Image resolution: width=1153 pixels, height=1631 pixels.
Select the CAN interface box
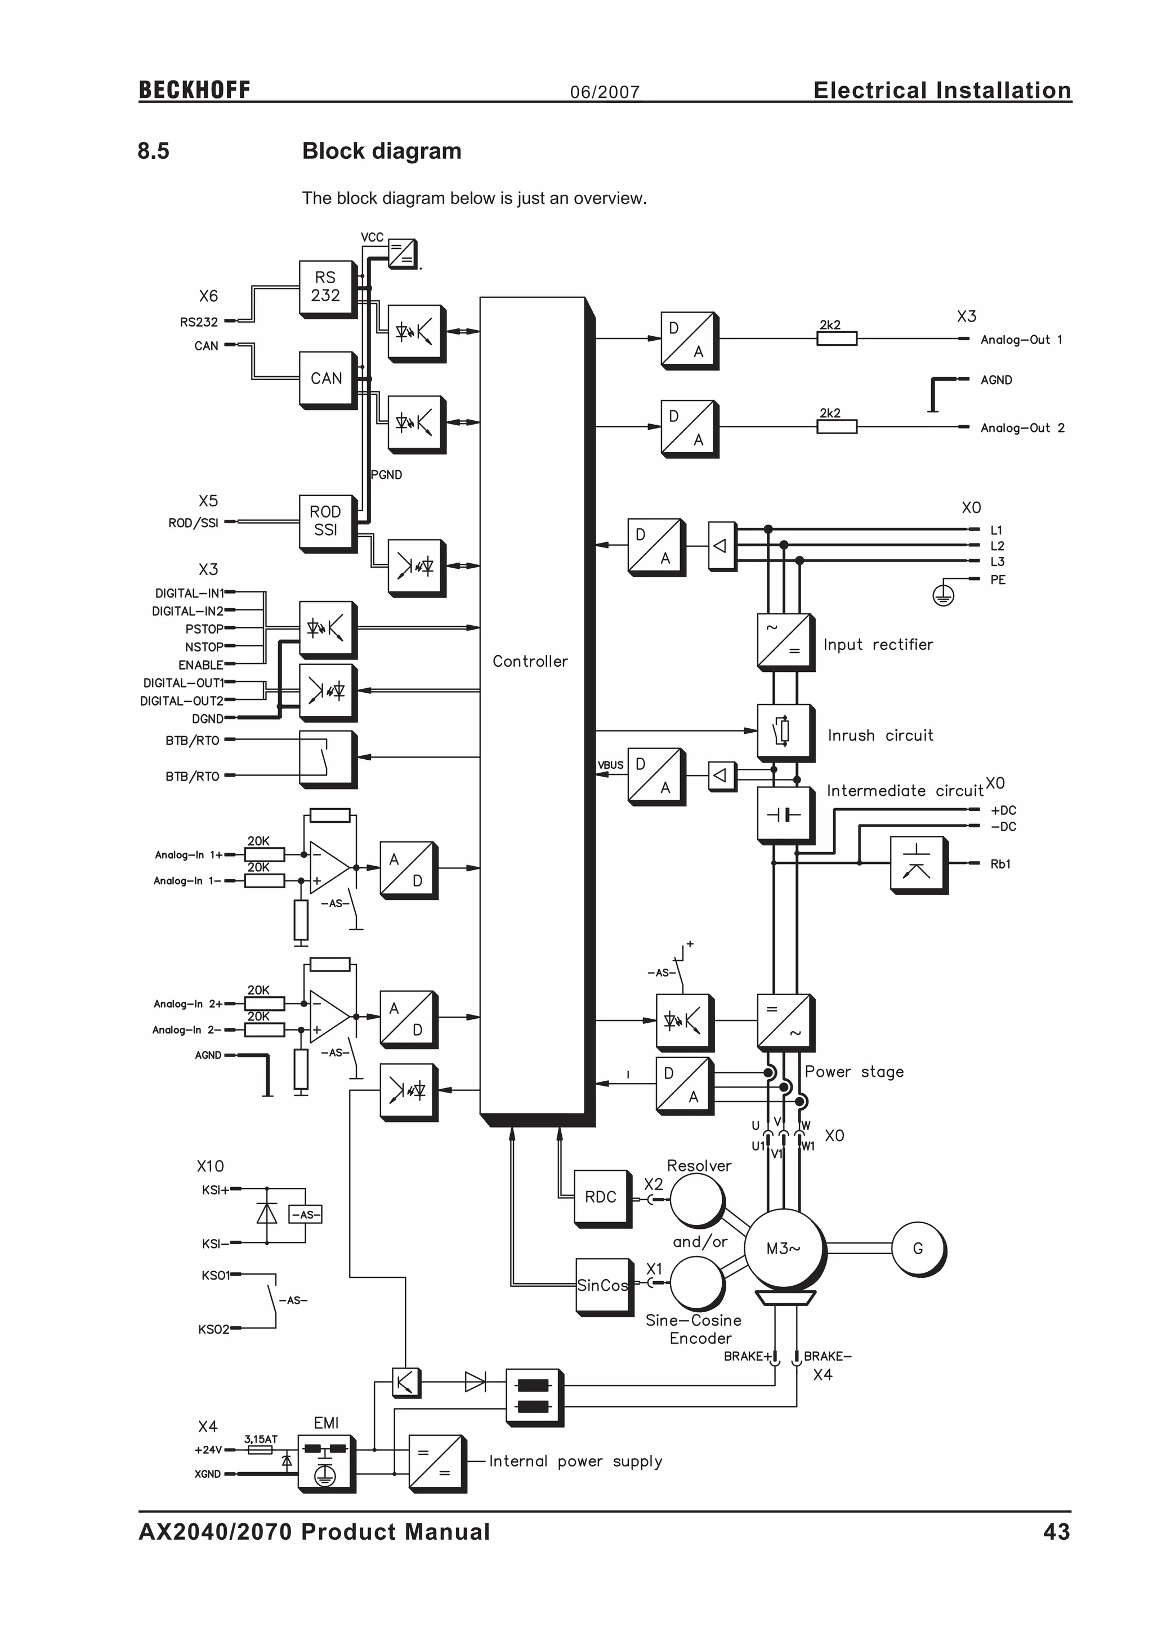coord(326,378)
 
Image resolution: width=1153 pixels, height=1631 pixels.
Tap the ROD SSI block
coord(325,521)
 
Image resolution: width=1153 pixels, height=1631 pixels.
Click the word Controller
coord(530,661)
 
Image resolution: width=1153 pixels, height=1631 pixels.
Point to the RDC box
coord(601,1196)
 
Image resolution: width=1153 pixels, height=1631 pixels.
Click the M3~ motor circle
coord(783,1248)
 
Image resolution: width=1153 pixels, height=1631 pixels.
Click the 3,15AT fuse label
coord(261,1438)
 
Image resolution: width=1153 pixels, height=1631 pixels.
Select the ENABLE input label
coord(200,665)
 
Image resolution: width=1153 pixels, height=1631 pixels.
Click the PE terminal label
coord(998,580)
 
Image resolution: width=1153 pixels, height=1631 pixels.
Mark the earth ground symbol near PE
coord(943,595)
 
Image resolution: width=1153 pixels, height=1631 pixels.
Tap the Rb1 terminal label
coord(1000,864)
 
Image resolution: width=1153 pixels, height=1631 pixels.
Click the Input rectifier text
coord(878,644)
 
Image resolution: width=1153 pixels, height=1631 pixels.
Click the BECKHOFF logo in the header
coord(195,90)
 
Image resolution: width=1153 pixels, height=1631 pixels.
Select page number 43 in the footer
coord(1056,1532)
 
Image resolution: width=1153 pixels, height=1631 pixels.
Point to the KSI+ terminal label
coord(214,1190)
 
